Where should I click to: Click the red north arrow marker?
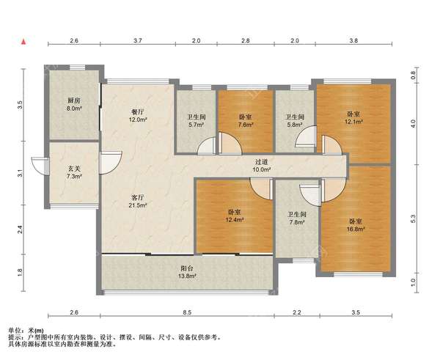click(x=24, y=42)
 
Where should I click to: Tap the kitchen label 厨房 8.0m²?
click(x=74, y=104)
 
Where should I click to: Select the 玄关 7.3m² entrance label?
click(x=74, y=172)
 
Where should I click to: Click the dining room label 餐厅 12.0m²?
click(x=138, y=116)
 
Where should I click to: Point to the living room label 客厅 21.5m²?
click(x=138, y=201)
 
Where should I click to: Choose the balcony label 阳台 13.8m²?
click(x=187, y=272)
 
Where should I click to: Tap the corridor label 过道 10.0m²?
click(x=261, y=166)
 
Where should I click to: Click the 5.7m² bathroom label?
click(x=196, y=121)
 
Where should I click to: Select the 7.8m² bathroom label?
click(x=297, y=218)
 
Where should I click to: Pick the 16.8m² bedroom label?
click(x=356, y=225)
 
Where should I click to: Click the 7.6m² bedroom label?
click(x=246, y=121)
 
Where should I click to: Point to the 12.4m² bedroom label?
click(x=235, y=216)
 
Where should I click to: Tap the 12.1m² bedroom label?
click(x=354, y=118)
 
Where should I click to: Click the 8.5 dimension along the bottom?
click(x=188, y=312)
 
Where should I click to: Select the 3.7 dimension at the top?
click(x=138, y=40)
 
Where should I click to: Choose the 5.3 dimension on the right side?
click(x=413, y=218)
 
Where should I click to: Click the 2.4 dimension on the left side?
click(x=20, y=229)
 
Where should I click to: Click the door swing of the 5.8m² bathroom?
click(x=306, y=136)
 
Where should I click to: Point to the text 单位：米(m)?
click(x=26, y=331)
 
